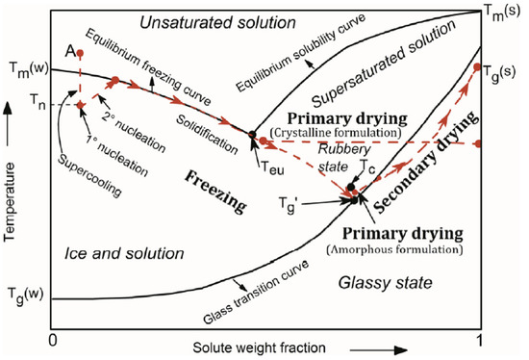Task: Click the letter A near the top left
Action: click(x=70, y=50)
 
